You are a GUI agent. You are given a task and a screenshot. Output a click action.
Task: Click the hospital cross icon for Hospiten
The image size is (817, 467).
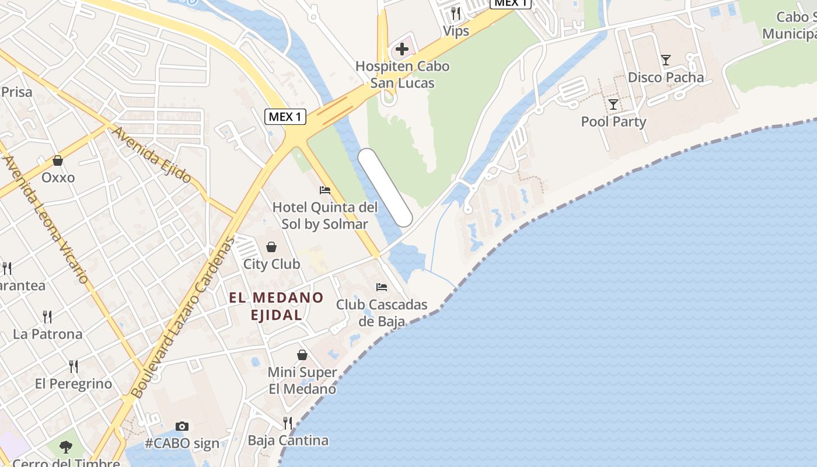(x=402, y=49)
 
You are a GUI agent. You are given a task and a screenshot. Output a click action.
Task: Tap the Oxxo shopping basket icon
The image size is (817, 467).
(x=58, y=160)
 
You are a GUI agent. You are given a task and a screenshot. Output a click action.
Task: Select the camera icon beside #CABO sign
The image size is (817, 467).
(x=182, y=427)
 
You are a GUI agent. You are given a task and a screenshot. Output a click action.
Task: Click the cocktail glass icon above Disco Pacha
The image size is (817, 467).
(x=665, y=60)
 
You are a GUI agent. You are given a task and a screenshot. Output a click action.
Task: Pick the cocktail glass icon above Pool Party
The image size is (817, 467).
(x=613, y=104)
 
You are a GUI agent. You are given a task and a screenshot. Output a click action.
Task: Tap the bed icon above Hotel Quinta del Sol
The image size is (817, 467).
(x=325, y=190)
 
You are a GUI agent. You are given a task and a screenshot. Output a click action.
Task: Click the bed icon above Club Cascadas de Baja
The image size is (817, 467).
(x=382, y=287)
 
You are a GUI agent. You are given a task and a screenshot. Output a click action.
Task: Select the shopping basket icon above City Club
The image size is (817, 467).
(x=271, y=247)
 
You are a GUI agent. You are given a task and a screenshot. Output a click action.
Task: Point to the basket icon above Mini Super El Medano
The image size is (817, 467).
(x=302, y=355)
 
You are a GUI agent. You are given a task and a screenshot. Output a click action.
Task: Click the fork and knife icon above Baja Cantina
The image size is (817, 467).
(x=288, y=423)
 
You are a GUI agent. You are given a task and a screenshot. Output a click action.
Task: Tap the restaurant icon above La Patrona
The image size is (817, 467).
(x=47, y=317)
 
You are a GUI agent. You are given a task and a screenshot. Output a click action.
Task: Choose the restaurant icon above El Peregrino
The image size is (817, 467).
(x=74, y=367)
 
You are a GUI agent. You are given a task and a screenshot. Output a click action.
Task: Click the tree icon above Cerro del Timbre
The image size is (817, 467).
(x=66, y=447)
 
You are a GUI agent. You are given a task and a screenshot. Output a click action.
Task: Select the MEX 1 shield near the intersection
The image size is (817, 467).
(x=285, y=117)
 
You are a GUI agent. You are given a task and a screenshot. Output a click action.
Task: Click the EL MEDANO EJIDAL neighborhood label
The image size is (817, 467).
(x=276, y=306)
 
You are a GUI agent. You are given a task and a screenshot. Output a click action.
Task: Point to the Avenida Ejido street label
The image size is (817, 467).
(x=151, y=155)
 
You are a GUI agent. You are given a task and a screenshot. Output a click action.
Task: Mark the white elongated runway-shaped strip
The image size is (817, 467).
(x=385, y=187)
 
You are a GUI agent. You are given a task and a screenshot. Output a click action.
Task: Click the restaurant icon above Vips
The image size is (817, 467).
(x=456, y=13)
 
